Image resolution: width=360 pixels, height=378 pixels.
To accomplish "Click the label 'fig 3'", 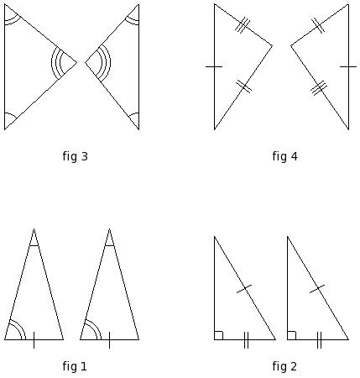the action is coord(76,156).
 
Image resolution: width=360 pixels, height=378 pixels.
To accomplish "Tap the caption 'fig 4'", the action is coord(284,156).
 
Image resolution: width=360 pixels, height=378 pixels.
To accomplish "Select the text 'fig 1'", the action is coord(75,366).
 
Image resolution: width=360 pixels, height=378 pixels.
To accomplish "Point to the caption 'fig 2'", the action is coord(284,366).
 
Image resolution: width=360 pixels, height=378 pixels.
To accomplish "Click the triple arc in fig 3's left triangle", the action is coord(52,63).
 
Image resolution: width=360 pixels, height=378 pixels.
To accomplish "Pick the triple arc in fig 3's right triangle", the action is coord(110,63).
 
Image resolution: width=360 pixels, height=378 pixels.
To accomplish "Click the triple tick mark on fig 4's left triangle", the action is coord(243,25).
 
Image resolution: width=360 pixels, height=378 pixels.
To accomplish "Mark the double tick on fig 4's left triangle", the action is coord(243,87).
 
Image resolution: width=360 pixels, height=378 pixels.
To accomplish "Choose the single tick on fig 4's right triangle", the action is coord(348,66).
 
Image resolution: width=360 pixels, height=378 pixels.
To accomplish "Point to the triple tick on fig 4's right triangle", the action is coord(319,88).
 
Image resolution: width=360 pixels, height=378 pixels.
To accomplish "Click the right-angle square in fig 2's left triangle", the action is coord(219,335).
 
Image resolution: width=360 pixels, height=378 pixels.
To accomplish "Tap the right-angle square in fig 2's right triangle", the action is coord(292,335).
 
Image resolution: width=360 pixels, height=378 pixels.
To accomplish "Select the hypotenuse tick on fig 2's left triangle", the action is coord(244,289).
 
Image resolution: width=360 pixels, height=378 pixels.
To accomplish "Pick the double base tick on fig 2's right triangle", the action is coord(319,340).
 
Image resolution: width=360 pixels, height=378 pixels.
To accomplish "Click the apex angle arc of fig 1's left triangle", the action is coord(34,245).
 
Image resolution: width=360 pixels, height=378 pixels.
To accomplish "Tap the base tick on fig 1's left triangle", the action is coord(34,340).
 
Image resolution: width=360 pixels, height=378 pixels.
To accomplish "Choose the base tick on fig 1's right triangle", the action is coord(109,340).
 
